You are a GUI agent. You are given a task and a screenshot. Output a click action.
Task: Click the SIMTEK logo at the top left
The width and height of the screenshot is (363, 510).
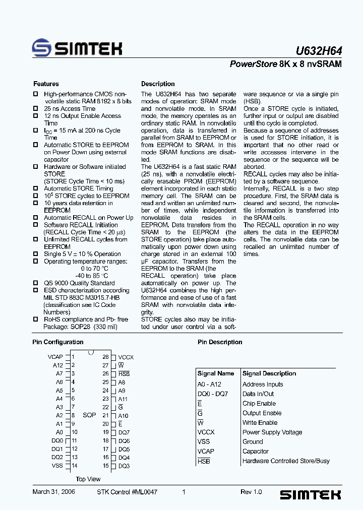click(77, 48)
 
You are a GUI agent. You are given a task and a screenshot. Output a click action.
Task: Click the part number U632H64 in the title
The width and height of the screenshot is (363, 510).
click(318, 50)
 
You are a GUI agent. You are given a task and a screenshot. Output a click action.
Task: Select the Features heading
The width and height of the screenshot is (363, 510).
click(46, 84)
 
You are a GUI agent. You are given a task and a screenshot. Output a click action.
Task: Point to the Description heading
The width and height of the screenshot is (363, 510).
click(158, 84)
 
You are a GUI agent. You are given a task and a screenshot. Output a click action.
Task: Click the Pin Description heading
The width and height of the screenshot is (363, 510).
click(220, 342)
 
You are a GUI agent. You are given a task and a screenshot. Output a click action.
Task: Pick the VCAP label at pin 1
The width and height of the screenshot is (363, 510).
click(55, 357)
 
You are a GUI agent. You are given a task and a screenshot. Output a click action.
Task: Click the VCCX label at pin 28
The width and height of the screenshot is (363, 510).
click(126, 357)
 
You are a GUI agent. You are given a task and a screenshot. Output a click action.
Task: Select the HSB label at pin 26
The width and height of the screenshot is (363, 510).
click(124, 374)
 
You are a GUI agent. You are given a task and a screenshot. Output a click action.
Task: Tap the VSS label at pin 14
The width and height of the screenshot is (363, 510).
click(57, 466)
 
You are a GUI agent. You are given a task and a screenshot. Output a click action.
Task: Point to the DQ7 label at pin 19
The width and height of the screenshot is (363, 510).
click(124, 432)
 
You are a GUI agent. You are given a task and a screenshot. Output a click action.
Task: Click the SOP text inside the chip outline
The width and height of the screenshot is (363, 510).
click(89, 415)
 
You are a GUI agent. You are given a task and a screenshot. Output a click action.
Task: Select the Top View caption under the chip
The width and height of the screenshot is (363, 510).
click(88, 479)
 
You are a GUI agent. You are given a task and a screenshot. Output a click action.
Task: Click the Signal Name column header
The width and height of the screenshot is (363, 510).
click(216, 373)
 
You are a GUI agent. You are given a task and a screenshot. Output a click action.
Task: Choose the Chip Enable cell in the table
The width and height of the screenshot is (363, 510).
click(259, 404)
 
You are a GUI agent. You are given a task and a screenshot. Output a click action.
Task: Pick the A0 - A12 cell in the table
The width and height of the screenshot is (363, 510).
click(209, 384)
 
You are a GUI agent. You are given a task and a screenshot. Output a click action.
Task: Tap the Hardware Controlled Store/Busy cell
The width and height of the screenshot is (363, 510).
click(286, 461)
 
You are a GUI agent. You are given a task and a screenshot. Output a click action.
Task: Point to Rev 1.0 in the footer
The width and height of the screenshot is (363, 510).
click(251, 492)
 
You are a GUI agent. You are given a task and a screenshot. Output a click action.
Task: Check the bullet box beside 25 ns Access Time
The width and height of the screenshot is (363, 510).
click(36, 108)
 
